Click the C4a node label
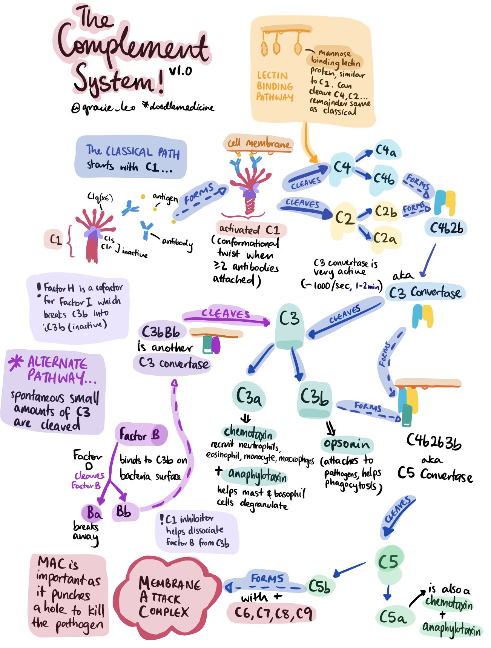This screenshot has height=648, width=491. (386, 151)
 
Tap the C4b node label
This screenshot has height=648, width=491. (384, 178)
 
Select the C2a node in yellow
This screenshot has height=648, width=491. (385, 238)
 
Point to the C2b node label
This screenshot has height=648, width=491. (385, 212)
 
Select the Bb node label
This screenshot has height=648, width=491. (124, 512)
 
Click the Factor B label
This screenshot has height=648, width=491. (140, 435)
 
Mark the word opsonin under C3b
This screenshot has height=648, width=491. (347, 444)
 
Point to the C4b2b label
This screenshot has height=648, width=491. (446, 228)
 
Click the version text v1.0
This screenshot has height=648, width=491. (180, 71)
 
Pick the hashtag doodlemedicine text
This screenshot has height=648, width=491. (178, 107)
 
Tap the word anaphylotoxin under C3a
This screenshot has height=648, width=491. (257, 475)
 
